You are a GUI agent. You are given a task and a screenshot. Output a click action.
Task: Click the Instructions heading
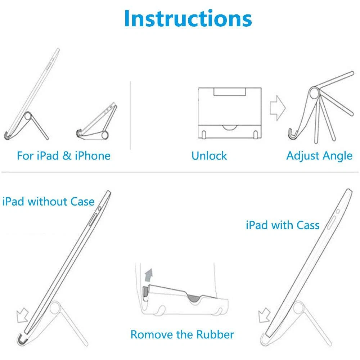click(x=188, y=18)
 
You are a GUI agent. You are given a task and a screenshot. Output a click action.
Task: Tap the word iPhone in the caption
click(x=93, y=156)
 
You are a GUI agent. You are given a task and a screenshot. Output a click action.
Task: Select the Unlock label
click(x=209, y=156)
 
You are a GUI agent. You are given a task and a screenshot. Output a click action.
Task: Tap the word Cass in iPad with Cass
click(x=308, y=225)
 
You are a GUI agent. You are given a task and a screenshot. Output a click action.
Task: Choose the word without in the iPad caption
click(x=48, y=202)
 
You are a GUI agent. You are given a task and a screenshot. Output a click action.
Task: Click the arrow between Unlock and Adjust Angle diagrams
click(x=278, y=108)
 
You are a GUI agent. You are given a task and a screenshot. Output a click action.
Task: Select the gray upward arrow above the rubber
click(x=149, y=275)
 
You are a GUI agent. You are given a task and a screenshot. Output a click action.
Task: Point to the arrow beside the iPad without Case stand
click(x=22, y=315)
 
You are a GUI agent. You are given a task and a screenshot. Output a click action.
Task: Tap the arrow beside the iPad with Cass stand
click(x=264, y=315)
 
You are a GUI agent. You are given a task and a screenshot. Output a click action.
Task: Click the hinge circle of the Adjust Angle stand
click(x=314, y=93)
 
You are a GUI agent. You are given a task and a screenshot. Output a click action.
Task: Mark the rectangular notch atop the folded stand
click(x=230, y=91)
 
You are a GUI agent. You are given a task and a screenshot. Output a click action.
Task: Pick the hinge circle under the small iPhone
click(x=105, y=135)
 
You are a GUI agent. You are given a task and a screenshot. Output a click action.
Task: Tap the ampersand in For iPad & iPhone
click(x=67, y=156)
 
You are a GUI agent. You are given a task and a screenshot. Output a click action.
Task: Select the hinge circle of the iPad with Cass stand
click(x=298, y=307)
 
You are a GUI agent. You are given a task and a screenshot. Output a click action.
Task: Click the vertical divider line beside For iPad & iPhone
click(x=130, y=115)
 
